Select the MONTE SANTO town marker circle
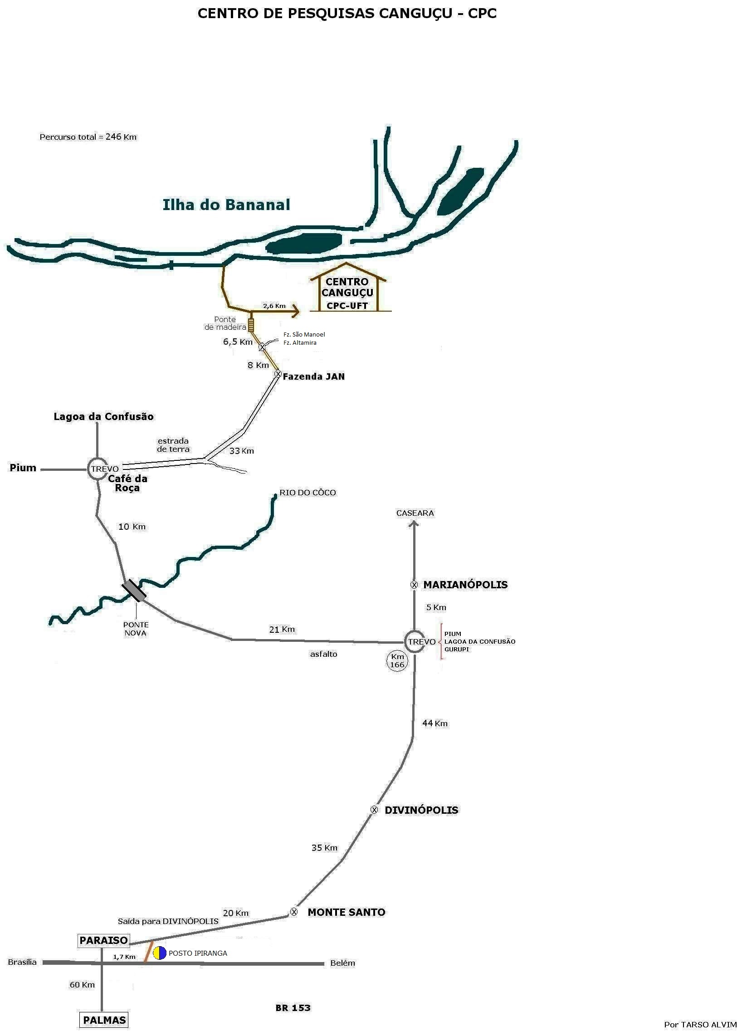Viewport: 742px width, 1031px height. click(294, 911)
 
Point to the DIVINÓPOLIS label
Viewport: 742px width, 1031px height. click(421, 810)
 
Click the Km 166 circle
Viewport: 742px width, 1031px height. click(397, 660)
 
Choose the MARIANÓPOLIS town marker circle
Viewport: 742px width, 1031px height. click(414, 585)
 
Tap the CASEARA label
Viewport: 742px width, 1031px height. click(415, 513)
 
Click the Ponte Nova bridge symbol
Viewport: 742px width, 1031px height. click(134, 591)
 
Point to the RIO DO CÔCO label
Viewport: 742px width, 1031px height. click(308, 492)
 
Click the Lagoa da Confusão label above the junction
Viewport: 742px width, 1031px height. click(104, 416)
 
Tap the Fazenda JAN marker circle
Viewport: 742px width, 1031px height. click(278, 374)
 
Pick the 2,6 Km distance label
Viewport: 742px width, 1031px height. click(274, 305)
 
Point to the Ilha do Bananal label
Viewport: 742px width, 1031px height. click(226, 205)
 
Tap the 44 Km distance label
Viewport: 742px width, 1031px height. click(434, 723)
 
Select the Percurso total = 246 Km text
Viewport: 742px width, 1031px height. click(88, 137)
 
